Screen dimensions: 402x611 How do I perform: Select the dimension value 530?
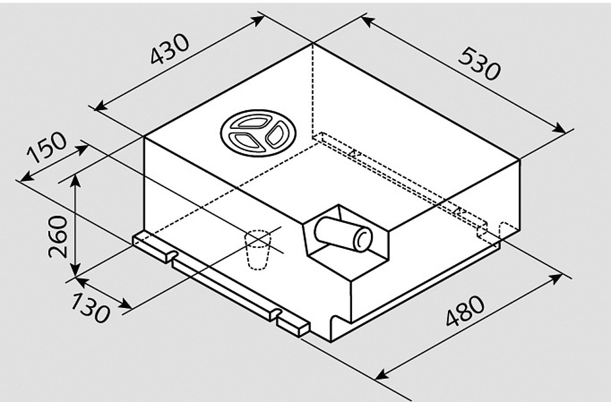pos(479,64)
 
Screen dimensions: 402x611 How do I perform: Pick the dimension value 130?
pos(88,307)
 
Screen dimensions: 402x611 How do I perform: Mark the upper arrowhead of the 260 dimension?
pos(75,177)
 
